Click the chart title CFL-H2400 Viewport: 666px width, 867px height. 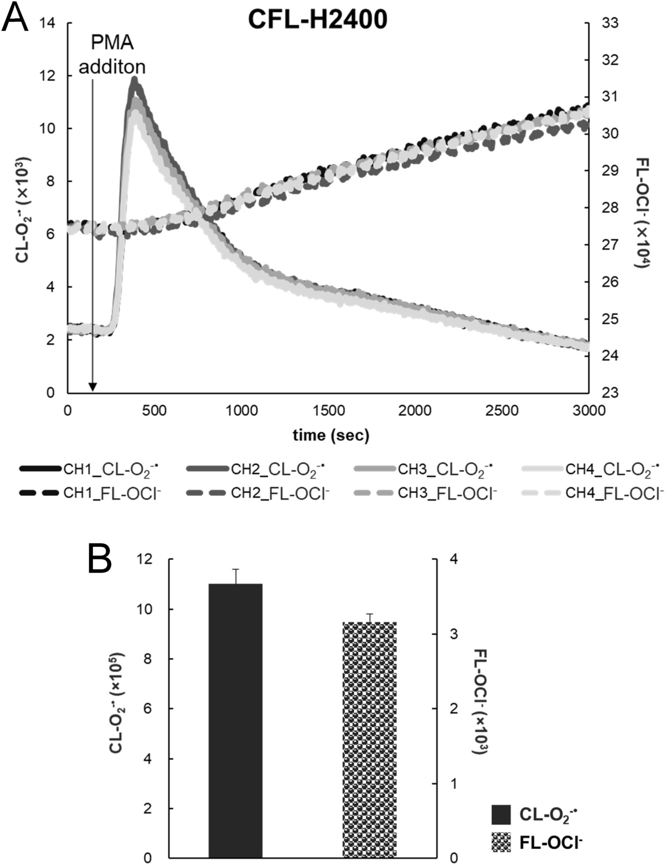click(317, 20)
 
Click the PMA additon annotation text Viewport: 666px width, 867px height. click(112, 55)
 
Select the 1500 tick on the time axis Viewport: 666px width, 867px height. click(328, 410)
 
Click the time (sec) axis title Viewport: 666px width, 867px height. click(331, 435)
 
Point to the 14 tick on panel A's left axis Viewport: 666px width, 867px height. click(48, 23)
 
